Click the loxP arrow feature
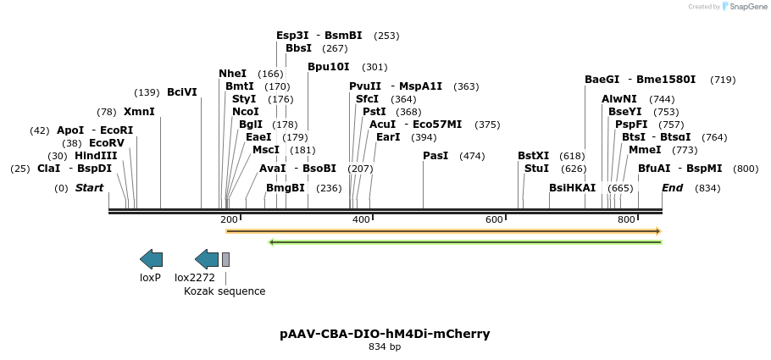pos(151,259)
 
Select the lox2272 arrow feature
pos(207,259)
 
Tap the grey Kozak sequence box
pos(225,259)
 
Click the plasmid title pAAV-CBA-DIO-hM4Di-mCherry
pos(385,334)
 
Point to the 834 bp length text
pos(385,347)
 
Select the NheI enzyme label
pos(232,74)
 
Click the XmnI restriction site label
pos(139,112)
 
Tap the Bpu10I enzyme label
pos(329,67)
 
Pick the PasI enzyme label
pos(435,156)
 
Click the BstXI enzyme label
pos(534,156)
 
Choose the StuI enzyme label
pos(536,169)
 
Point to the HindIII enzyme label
pos(96,156)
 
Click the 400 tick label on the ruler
pos(362,220)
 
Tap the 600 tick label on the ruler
pos(494,220)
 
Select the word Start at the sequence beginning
pos(89,188)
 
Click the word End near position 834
pos(672,188)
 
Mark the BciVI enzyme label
pos(182,92)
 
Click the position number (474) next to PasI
pos(472,156)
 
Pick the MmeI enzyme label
pos(645,150)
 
